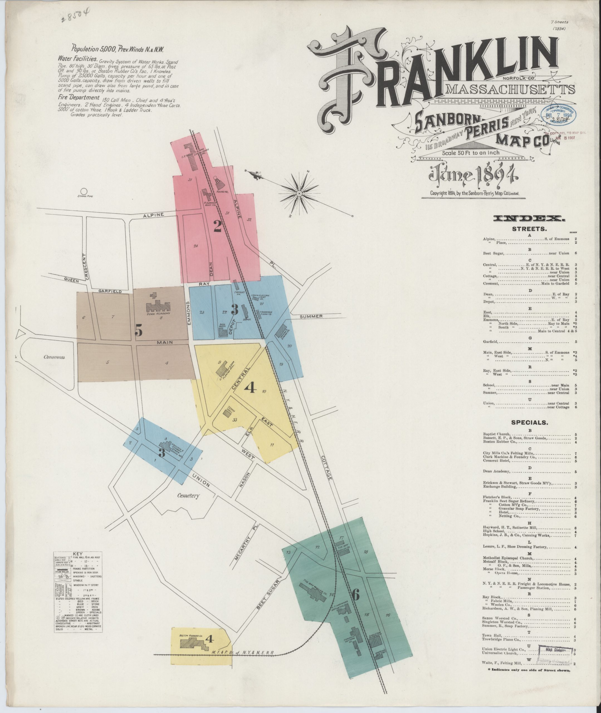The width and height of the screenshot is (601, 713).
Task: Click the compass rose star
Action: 299,194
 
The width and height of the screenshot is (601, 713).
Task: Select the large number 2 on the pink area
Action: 218,226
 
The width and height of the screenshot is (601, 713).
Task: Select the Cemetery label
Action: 188,496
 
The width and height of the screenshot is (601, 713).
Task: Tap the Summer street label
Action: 311,316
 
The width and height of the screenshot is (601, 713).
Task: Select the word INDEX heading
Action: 529,219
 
